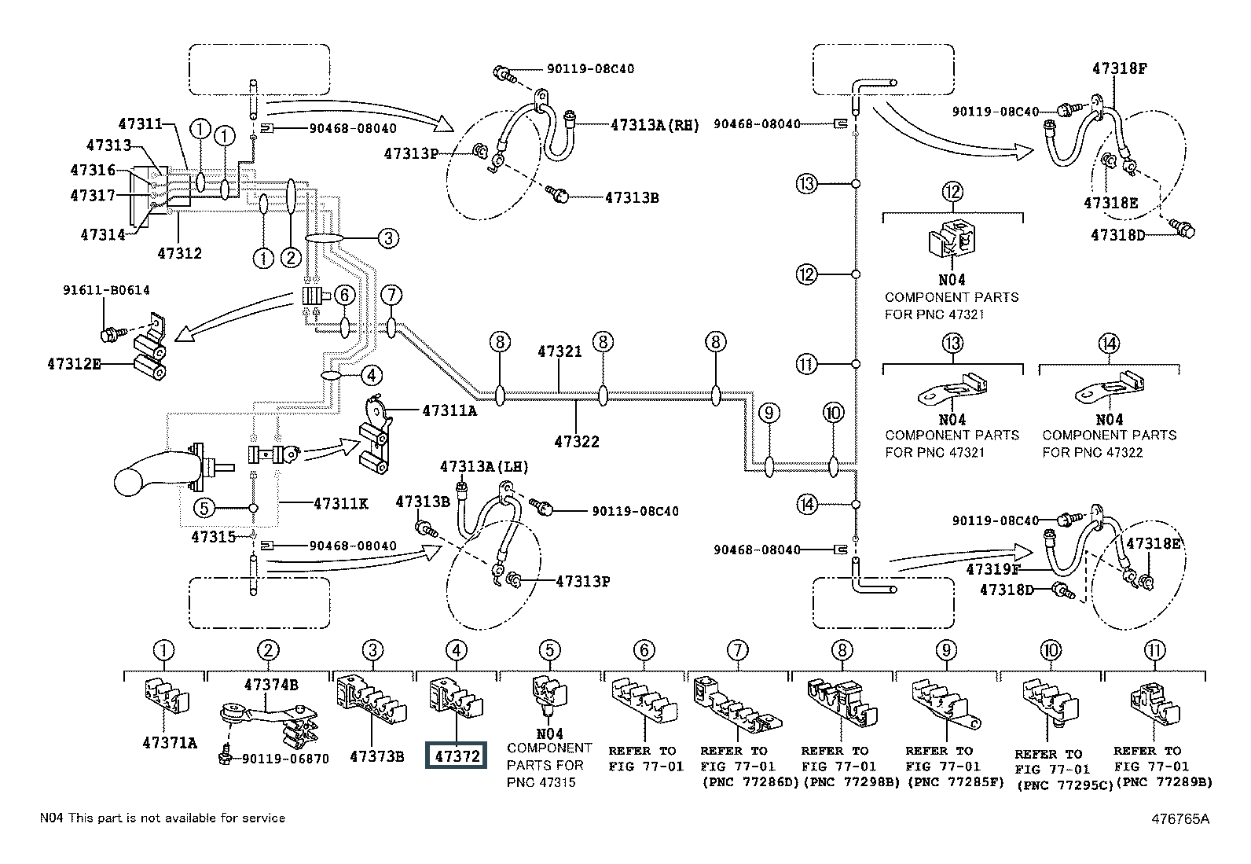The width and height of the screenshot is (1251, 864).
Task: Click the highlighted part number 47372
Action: [x=457, y=756]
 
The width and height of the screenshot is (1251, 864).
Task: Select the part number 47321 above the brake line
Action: [x=559, y=351]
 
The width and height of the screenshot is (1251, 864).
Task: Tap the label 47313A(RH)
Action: [x=655, y=125]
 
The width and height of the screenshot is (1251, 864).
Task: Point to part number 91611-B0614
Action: [x=106, y=290]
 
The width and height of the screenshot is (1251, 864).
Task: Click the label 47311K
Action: [x=341, y=503]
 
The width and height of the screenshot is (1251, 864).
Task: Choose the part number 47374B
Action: [x=271, y=685]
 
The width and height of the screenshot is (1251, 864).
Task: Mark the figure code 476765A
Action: [x=1180, y=818]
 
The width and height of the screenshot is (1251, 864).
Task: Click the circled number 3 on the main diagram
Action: [x=389, y=238]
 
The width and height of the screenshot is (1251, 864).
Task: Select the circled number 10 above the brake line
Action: [x=833, y=413]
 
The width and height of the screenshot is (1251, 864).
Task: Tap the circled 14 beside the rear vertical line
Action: [x=806, y=505]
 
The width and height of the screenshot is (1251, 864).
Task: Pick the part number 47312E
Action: [x=75, y=364]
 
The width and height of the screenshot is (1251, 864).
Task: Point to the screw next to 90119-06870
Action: [x=225, y=756]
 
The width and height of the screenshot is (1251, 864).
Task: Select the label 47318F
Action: [x=1119, y=68]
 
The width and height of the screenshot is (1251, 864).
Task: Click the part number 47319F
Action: [x=993, y=569]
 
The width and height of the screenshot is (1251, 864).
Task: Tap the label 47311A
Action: [x=449, y=410]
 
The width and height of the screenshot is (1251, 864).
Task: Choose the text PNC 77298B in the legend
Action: [x=854, y=782]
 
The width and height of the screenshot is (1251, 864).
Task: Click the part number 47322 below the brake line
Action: [x=576, y=442]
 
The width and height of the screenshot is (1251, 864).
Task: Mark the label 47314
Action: [x=103, y=235]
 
